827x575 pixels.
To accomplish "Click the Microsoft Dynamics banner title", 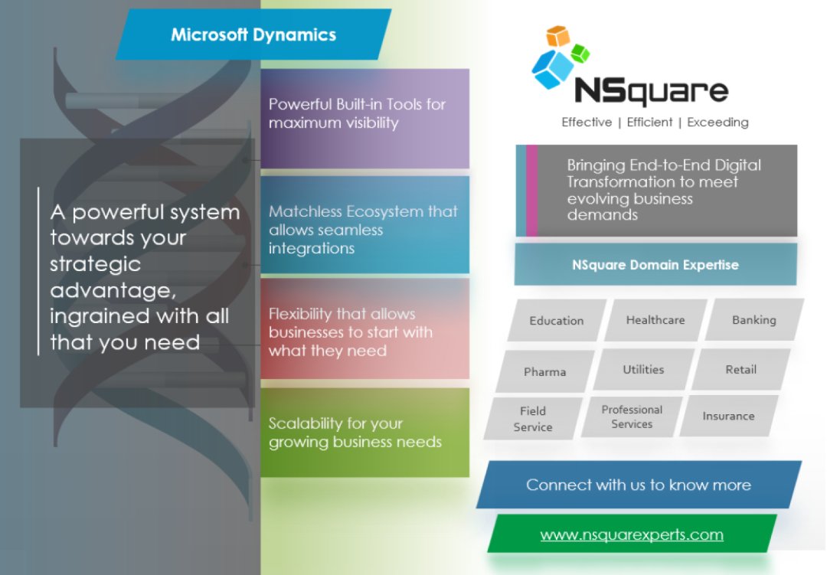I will (x=253, y=34).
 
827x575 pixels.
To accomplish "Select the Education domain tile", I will (x=557, y=321).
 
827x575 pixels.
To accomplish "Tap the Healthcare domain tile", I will (x=655, y=320).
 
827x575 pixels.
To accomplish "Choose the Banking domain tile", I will (x=754, y=320).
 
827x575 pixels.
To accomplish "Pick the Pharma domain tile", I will (x=545, y=372).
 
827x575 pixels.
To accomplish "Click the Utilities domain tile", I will (x=643, y=370).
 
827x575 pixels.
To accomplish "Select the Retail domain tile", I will (x=740, y=370).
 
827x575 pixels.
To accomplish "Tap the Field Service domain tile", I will (x=533, y=419).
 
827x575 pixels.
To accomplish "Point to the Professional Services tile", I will (x=632, y=417).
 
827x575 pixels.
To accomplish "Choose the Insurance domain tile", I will (x=728, y=417).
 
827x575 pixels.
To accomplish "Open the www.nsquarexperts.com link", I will (x=632, y=534).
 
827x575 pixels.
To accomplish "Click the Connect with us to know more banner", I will (x=638, y=485).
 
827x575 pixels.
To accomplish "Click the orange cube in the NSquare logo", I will (x=557, y=36).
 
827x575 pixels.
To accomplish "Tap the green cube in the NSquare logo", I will (x=580, y=54).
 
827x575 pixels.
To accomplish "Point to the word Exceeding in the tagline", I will (x=717, y=123).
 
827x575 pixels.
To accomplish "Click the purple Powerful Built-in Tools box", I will (x=364, y=118).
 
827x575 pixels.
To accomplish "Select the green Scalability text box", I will (x=364, y=433).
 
